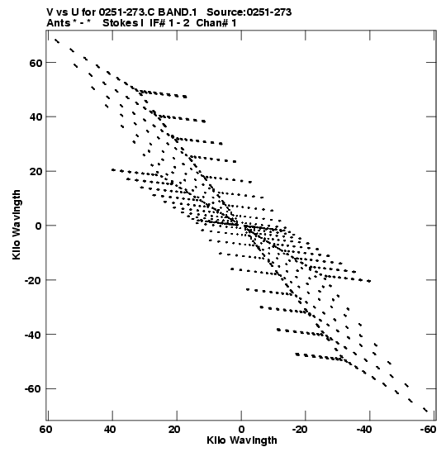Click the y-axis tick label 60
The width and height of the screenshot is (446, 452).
point(36,63)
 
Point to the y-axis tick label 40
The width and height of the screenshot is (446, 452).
point(36,117)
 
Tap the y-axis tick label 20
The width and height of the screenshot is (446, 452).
point(36,171)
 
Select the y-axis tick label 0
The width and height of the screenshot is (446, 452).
point(39,226)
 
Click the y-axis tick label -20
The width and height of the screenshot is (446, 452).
point(33,280)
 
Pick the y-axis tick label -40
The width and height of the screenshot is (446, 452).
point(33,335)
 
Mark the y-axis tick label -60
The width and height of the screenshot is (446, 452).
point(33,389)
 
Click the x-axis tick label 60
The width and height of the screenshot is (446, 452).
point(45,430)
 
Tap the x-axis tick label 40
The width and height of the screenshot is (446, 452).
point(110,430)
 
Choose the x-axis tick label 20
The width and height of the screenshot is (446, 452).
point(174,430)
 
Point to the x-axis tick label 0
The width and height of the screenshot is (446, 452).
point(241,430)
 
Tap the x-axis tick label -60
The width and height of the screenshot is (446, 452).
point(428,430)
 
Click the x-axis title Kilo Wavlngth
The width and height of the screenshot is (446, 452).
point(242,440)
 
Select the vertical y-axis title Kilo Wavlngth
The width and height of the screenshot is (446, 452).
point(17,225)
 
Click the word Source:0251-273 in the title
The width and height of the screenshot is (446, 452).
point(249,12)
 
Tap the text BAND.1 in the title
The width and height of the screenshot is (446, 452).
point(178,12)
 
